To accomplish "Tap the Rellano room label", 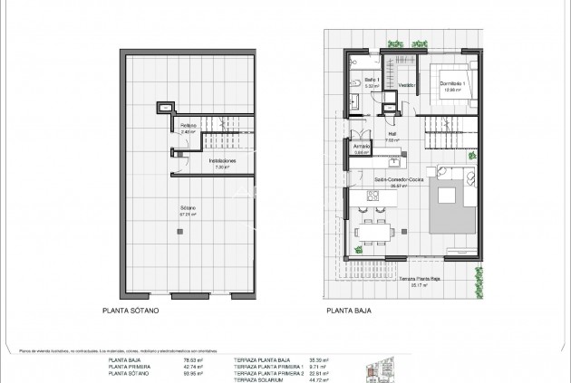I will coord(188,128).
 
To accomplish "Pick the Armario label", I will coord(362,149).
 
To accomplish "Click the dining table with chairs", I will coord(373,232).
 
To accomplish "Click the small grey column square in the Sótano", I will coord(179,231).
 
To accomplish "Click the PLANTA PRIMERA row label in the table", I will coord(128,366).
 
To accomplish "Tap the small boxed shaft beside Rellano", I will coord(164,109).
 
